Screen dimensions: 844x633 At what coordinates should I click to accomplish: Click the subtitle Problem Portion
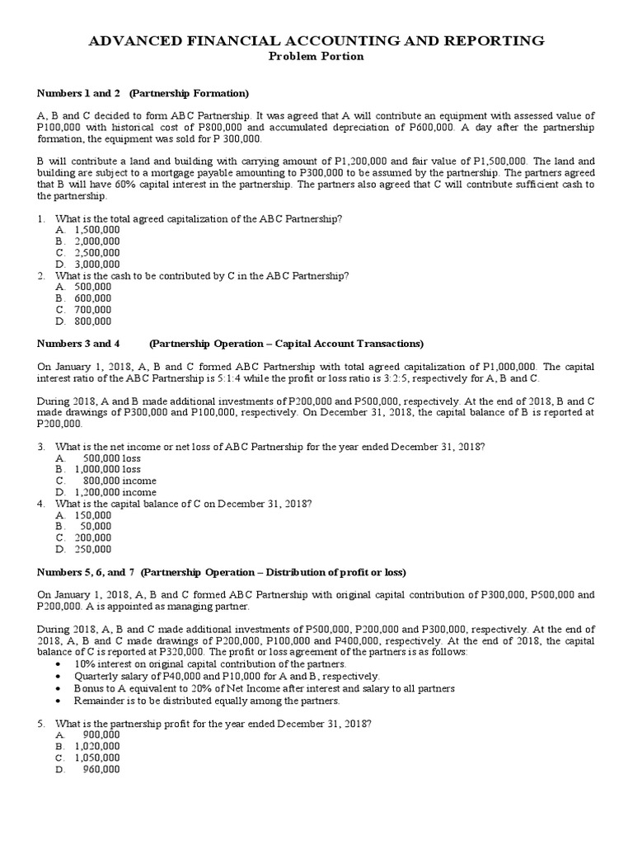click(316, 56)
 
